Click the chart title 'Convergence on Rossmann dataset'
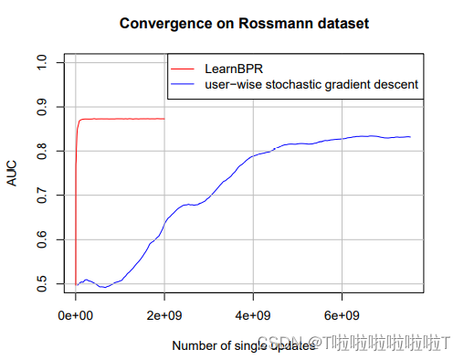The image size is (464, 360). pyautogui.click(x=244, y=23)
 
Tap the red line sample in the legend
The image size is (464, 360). pyautogui.click(x=185, y=68)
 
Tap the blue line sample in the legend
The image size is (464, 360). pyautogui.click(x=185, y=84)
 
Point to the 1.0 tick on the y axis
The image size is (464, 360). pyautogui.click(x=40, y=62)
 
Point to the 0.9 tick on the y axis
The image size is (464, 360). pyautogui.click(x=40, y=107)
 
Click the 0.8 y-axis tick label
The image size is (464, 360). pyautogui.click(x=40, y=151)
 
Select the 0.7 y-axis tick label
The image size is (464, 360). pyautogui.click(x=40, y=196)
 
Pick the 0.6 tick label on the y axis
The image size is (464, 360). pyautogui.click(x=40, y=239)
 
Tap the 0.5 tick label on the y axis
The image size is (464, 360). pyautogui.click(x=40, y=284)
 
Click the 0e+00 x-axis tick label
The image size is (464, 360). pyautogui.click(x=76, y=315)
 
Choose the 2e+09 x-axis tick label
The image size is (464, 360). pyautogui.click(x=164, y=315)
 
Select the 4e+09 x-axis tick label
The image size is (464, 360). pyautogui.click(x=253, y=315)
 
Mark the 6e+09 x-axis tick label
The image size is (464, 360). pyautogui.click(x=342, y=315)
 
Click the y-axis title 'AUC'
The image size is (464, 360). pyautogui.click(x=12, y=174)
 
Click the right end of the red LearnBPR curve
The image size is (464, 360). pyautogui.click(x=164, y=119)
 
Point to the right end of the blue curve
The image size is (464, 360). pyautogui.click(x=410, y=136)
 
